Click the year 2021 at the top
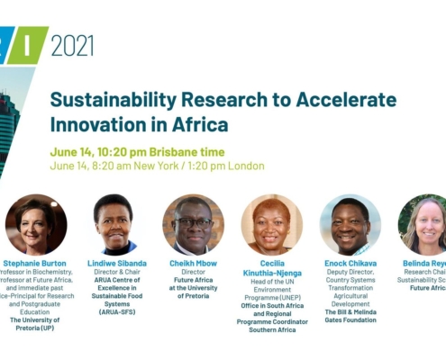point(72,45)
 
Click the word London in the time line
point(245,166)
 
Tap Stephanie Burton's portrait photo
point(36,223)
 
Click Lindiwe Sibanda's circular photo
point(114,223)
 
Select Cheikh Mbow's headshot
point(193,223)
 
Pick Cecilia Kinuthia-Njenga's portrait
point(271,223)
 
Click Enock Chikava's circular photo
point(350,223)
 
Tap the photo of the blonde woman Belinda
point(423,223)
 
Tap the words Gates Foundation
point(350,319)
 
